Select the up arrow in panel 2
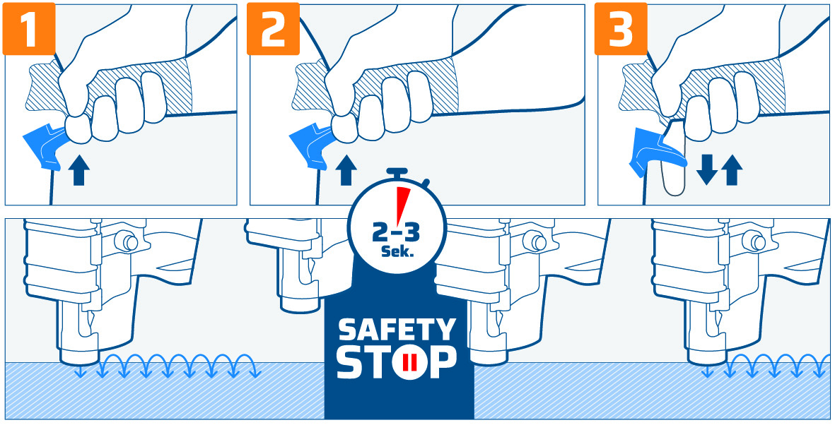[346, 170]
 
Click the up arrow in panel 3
[732, 170]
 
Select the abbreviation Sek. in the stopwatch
[397, 252]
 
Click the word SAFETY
[396, 330]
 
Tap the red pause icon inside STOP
[408, 364]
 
